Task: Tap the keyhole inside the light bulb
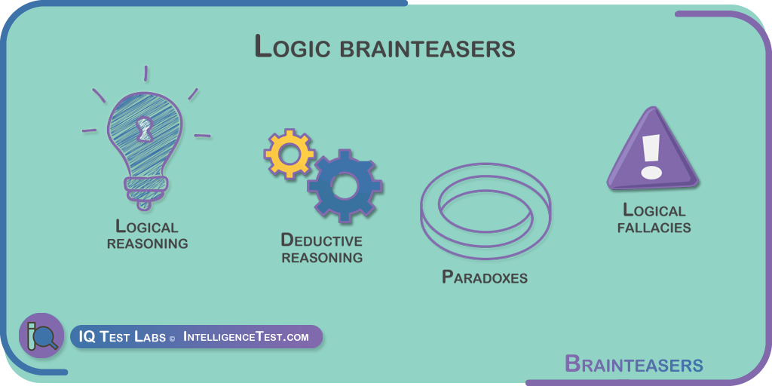click(144, 130)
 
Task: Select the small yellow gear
click(289, 153)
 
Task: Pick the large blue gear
click(345, 185)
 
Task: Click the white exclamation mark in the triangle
click(651, 155)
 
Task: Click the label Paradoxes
click(485, 277)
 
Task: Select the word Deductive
click(321, 240)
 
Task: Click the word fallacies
click(654, 228)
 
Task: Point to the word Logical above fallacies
click(654, 210)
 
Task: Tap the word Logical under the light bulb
click(147, 226)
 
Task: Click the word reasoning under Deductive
click(322, 257)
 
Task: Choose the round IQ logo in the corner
click(41, 335)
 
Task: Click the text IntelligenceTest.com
click(246, 337)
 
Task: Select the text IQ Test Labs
click(122, 337)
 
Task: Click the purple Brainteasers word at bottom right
click(633, 365)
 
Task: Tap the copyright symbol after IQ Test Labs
click(172, 339)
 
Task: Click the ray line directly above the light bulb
click(146, 73)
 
